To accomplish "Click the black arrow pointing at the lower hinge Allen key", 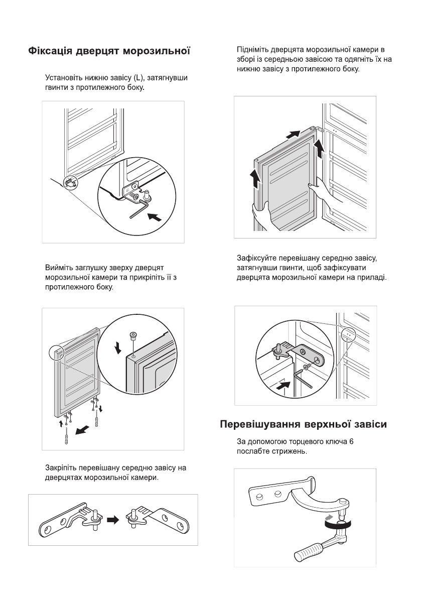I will pos(156,216).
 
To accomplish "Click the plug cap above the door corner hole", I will pos(133,336).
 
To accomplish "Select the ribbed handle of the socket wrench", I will pos(310,554).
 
